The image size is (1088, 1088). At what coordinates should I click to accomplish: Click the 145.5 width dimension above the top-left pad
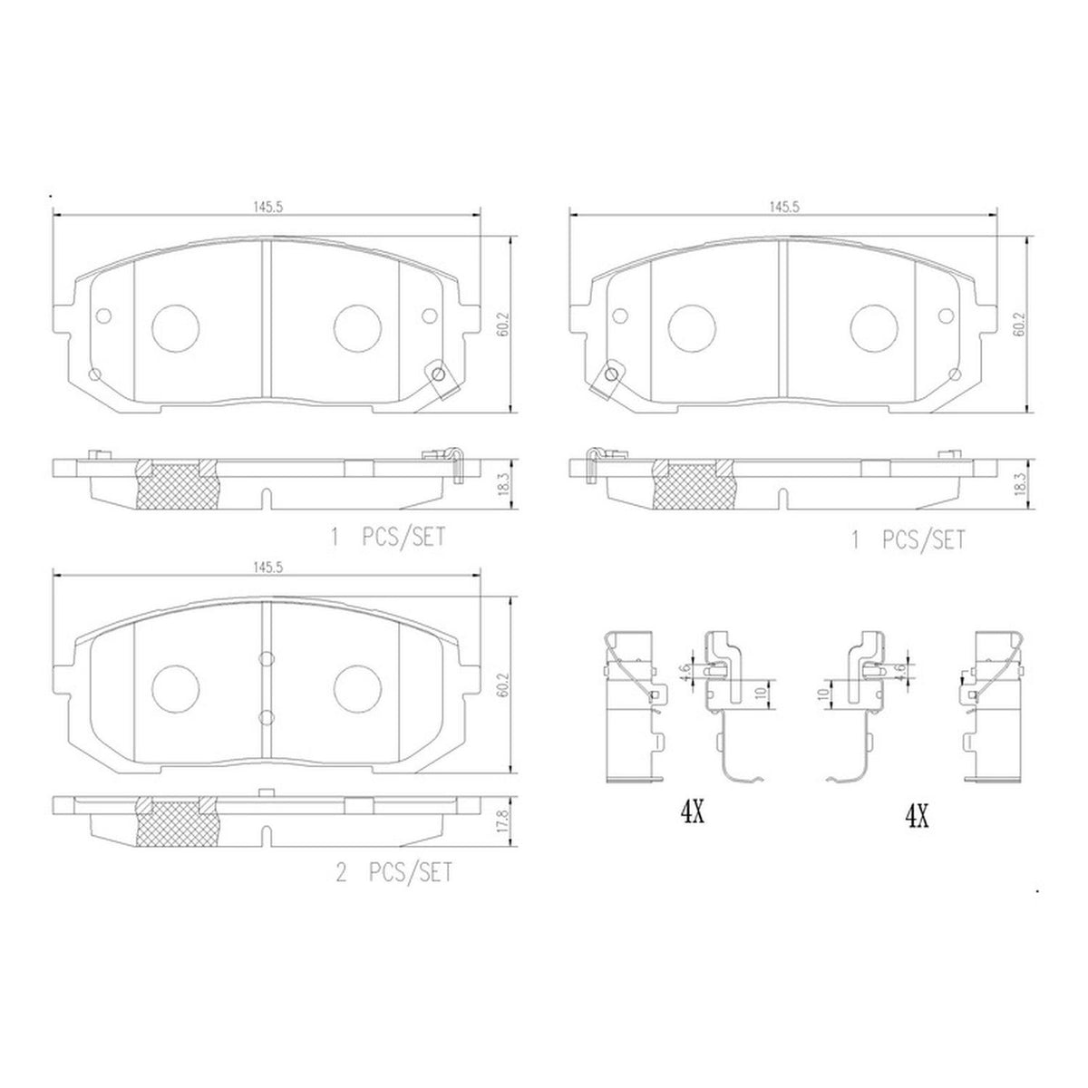coord(267,208)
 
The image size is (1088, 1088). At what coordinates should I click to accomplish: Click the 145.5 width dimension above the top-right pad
coord(784,208)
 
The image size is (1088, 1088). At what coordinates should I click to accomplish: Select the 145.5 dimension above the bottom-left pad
coord(267,568)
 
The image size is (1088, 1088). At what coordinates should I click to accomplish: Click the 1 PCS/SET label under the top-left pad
coord(387,537)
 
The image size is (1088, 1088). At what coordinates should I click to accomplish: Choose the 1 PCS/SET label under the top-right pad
coord(908,540)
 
